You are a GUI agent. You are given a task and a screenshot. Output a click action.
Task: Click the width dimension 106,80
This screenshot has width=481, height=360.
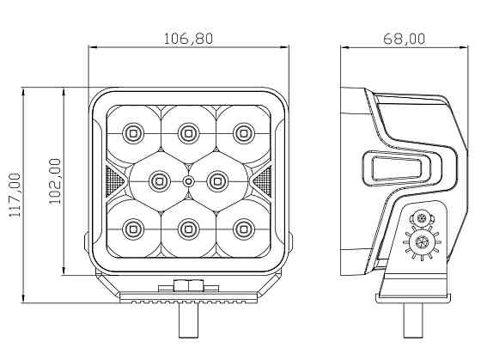[188, 38]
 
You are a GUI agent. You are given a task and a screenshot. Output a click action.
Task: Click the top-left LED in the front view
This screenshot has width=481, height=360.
[132, 132]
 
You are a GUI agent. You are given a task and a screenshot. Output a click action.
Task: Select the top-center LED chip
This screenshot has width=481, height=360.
[188, 132]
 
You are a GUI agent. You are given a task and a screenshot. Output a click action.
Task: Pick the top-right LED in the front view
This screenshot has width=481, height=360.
[244, 132]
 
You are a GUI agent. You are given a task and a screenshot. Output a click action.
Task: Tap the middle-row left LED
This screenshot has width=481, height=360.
[160, 180]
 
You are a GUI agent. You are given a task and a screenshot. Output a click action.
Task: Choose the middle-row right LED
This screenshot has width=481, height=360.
[216, 180]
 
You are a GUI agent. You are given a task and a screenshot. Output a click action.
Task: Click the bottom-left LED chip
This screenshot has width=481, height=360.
[132, 229]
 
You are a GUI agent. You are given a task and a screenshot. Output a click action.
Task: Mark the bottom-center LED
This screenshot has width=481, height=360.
[188, 229]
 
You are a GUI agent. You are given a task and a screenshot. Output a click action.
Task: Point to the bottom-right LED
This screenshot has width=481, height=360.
[244, 229]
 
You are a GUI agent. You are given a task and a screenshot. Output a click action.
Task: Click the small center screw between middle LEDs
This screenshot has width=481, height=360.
[188, 181]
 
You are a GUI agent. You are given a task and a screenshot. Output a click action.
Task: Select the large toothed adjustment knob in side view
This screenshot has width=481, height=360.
[423, 244]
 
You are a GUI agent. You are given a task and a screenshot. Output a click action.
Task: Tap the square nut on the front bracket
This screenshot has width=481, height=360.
[188, 287]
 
